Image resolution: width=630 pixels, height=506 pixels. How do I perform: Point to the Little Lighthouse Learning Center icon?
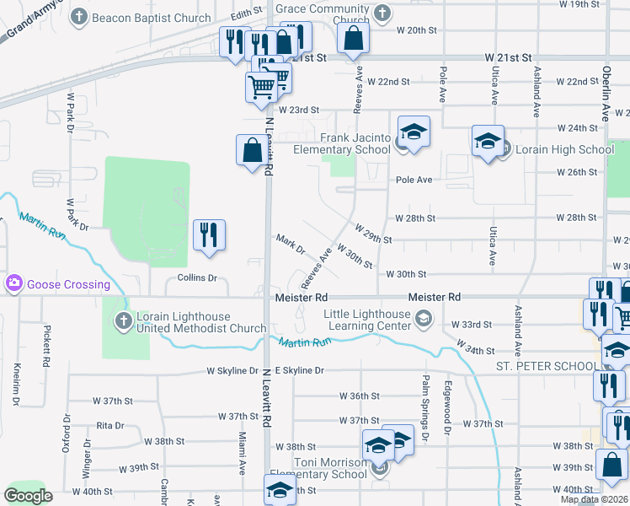(422, 318)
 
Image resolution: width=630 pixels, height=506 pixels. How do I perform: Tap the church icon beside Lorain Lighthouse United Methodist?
(123, 318)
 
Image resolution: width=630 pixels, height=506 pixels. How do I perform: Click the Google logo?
(28, 496)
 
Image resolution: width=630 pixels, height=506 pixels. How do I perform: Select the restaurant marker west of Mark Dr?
(209, 235)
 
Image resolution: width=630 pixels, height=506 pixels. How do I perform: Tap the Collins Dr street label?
(197, 277)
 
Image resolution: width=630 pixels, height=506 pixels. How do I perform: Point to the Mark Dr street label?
(291, 244)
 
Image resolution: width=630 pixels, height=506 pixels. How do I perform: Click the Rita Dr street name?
(110, 426)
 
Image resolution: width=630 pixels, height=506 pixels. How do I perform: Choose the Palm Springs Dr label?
(425, 421)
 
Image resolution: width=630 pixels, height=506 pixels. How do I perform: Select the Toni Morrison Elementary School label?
(329, 468)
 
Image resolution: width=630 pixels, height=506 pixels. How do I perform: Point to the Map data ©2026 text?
(594, 499)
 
